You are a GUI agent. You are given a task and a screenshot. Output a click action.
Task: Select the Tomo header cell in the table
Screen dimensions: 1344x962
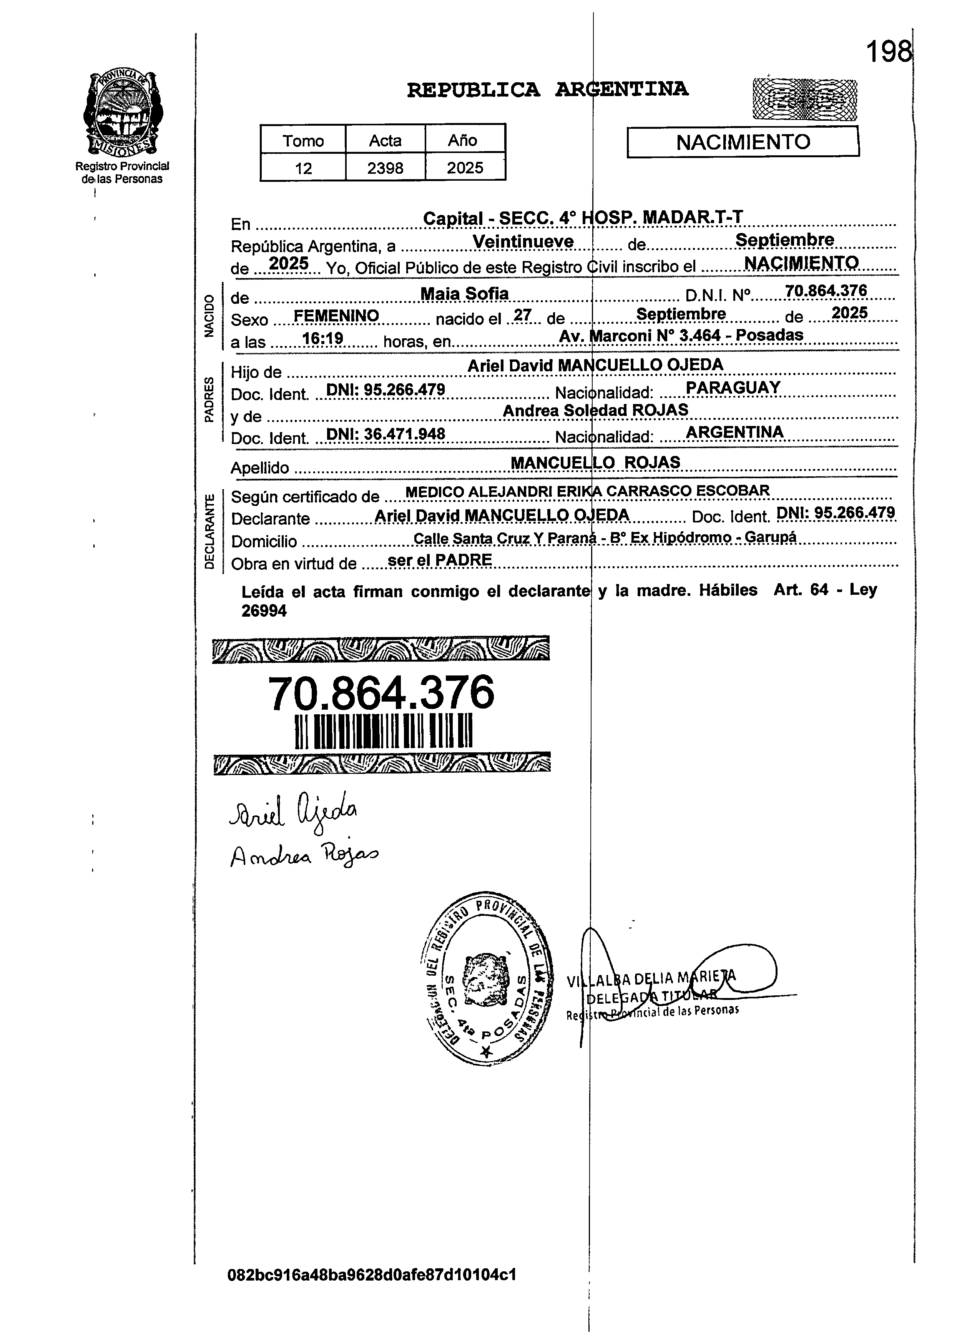coord(303,140)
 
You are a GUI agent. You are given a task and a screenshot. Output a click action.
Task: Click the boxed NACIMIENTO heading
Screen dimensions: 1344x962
coord(743,142)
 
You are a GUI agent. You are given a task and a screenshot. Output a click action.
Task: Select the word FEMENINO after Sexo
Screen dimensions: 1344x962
coord(336,316)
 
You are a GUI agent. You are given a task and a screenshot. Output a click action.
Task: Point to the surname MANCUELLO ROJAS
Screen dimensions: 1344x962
coord(595,462)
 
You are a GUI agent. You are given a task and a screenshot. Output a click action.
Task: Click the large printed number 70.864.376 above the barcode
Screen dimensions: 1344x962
coord(381,693)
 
